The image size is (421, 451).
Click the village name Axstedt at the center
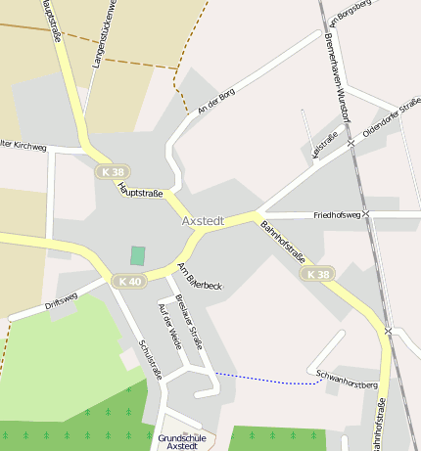203,221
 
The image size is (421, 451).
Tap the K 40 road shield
128,282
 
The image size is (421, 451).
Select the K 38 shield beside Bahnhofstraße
318,275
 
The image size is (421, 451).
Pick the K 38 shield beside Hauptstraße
112,171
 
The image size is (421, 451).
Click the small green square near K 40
138,255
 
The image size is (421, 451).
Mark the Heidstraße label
323,145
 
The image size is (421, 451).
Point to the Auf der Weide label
169,325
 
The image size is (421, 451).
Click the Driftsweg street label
62,301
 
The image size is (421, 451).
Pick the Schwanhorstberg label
348,379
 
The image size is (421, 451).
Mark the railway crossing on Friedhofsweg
366,213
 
